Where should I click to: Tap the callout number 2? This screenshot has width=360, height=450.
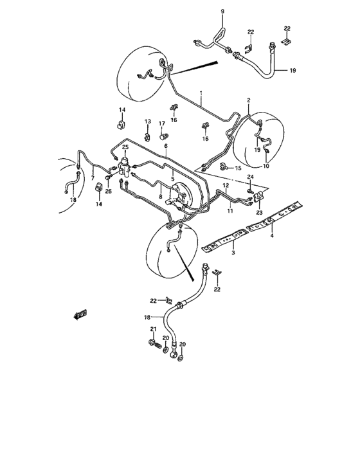coord(248,100)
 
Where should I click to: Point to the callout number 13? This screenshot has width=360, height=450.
coord(147,122)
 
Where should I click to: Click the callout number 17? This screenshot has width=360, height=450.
coord(162,123)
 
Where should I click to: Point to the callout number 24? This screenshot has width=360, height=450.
coord(251,177)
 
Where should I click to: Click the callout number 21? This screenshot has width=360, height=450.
coord(153,330)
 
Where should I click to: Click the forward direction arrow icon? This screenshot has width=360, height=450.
coord(80,314)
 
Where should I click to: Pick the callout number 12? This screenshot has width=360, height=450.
coord(226,186)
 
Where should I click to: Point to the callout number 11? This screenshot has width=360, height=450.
coord(229,210)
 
